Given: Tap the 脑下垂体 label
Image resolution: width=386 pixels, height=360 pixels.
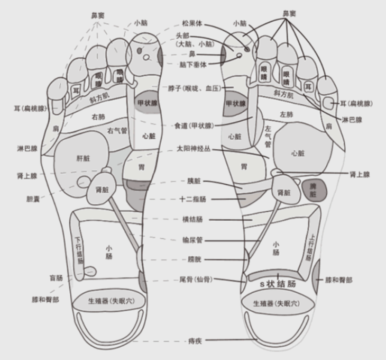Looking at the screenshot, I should click(x=192, y=64).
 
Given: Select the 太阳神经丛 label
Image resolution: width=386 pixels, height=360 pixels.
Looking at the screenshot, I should click(x=193, y=149).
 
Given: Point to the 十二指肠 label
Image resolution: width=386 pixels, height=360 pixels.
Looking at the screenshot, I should click(x=193, y=200).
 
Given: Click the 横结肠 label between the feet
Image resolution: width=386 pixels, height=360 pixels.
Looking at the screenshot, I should click(x=193, y=219).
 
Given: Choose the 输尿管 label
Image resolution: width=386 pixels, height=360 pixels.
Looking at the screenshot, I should click(x=193, y=240).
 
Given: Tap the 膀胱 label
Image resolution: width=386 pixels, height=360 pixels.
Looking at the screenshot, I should click(x=193, y=259).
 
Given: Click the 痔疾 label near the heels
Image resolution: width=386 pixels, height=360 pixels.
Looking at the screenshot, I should click(x=193, y=341).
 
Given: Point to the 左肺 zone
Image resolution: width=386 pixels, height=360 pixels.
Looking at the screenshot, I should click(x=286, y=114).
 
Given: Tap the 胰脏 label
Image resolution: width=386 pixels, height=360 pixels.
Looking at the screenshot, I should click(x=193, y=181).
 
